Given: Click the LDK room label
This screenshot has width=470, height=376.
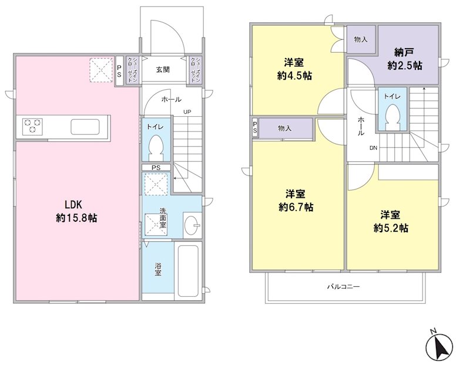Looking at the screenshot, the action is click(73, 205).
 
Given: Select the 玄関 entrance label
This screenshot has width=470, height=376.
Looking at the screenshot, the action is click(163, 69).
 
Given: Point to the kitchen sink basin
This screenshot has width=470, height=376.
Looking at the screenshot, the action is click(85, 127).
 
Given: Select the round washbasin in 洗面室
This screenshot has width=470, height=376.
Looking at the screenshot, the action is click(192, 225).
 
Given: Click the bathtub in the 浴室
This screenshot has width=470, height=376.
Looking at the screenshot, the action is click(188, 271).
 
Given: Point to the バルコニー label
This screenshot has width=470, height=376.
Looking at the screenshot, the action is click(343, 286).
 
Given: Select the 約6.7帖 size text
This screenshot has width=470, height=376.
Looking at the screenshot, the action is click(296, 207).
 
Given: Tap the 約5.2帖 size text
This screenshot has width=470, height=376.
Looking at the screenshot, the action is click(391, 228).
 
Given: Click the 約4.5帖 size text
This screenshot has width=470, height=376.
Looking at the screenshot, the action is click(295, 76).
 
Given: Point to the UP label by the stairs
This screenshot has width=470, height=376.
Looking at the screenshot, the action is click(187, 112).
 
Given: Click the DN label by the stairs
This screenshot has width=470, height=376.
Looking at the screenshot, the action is click(373, 148).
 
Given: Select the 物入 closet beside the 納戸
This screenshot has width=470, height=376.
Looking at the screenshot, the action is click(361, 39).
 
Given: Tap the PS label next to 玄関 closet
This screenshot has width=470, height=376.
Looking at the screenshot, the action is click(119, 71).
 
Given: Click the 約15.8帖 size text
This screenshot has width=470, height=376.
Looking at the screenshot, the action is click(76, 218).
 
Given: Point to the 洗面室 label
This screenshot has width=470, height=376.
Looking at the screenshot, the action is click(163, 218).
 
